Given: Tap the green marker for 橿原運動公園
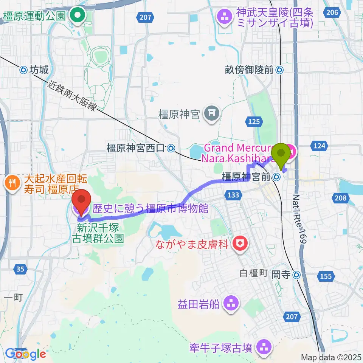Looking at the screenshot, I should [78, 16].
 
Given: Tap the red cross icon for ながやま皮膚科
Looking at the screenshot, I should [239, 243].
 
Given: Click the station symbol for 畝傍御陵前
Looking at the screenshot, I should [279, 70].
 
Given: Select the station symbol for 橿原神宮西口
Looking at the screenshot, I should [171, 149].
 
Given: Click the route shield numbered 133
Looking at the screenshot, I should [234, 195].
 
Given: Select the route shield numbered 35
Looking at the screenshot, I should [20, 269].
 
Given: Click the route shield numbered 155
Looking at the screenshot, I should [325, 276].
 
